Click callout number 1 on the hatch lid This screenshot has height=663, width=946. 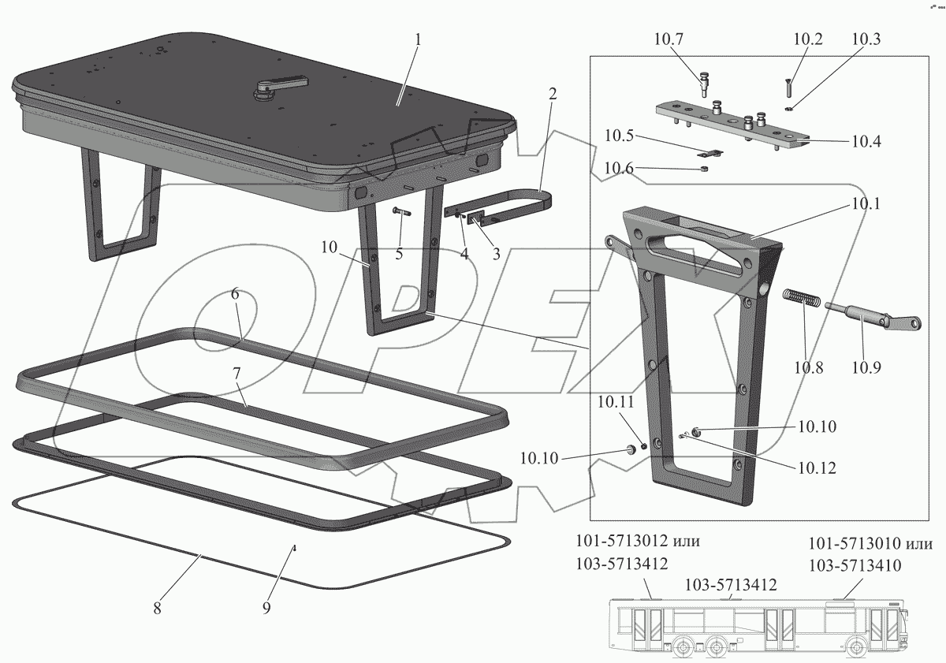418,39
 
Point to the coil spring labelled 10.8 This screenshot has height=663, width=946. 803,300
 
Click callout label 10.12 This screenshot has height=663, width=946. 816,467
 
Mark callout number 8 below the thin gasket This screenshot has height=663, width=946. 158,608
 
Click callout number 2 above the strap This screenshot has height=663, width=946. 552,93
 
